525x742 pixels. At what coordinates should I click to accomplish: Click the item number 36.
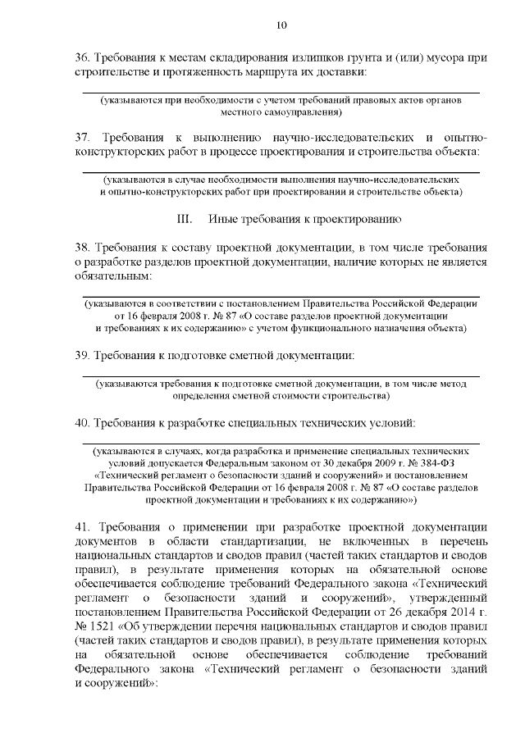81,59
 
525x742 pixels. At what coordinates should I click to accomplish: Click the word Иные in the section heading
224,220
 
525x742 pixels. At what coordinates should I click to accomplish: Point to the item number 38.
81,247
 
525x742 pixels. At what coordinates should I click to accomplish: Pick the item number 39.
81,355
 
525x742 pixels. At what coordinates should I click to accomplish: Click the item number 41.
82,526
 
